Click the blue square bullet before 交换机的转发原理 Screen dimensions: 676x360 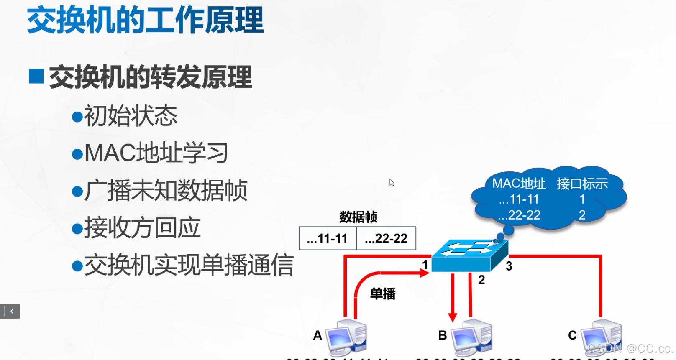(x=36, y=76)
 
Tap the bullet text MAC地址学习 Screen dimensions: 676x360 (x=156, y=153)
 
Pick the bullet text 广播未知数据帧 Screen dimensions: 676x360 (x=166, y=190)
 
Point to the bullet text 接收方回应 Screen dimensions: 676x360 (x=142, y=228)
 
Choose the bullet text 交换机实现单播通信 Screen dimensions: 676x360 (x=189, y=265)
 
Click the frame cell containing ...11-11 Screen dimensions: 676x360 (x=328, y=238)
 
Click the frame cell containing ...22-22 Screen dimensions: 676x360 (x=386, y=238)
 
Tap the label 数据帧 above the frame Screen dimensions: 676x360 (x=358, y=217)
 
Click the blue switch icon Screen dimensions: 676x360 (x=469, y=255)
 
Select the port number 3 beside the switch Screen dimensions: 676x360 (x=509, y=266)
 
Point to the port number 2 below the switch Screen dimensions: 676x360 (x=481, y=280)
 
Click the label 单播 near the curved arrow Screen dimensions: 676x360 (x=383, y=294)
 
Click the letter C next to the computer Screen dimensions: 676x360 (x=572, y=335)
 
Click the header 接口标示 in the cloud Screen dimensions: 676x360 (x=582, y=184)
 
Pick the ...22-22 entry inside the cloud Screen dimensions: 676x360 (x=519, y=215)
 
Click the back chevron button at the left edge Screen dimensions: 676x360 (x=12, y=311)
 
